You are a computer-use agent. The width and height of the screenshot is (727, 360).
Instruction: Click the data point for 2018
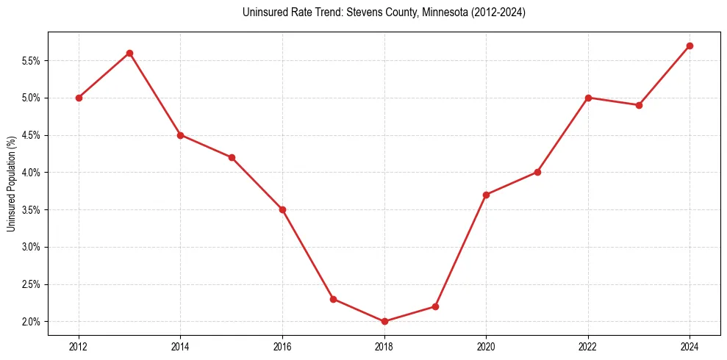pyautogui.click(x=384, y=321)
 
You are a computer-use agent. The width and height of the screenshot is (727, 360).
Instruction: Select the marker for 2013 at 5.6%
pyautogui.click(x=129, y=53)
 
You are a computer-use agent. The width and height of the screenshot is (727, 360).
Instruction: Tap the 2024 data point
pyautogui.click(x=690, y=46)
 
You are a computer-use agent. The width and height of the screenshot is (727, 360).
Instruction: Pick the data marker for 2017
pyautogui.click(x=333, y=299)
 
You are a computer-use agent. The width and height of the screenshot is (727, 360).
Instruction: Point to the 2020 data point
pyautogui.click(x=486, y=195)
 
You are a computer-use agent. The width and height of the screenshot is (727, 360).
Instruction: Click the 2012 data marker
pyautogui.click(x=79, y=98)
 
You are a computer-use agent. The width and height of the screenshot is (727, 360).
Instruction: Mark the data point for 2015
pyautogui.click(x=232, y=157)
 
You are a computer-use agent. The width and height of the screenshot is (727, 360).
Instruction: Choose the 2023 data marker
pyautogui.click(x=639, y=105)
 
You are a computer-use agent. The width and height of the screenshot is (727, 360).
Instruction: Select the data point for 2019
pyautogui.click(x=435, y=306)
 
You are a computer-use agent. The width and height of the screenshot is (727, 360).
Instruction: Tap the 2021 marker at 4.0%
pyautogui.click(x=537, y=172)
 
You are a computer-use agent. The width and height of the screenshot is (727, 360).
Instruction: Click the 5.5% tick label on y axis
pyautogui.click(x=32, y=60)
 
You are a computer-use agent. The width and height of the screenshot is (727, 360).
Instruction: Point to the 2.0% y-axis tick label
pyautogui.click(x=32, y=322)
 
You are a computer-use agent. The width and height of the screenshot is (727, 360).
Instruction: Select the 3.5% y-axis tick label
pyautogui.click(x=32, y=209)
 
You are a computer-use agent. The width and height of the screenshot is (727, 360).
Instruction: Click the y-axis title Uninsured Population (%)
pyautogui.click(x=11, y=184)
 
